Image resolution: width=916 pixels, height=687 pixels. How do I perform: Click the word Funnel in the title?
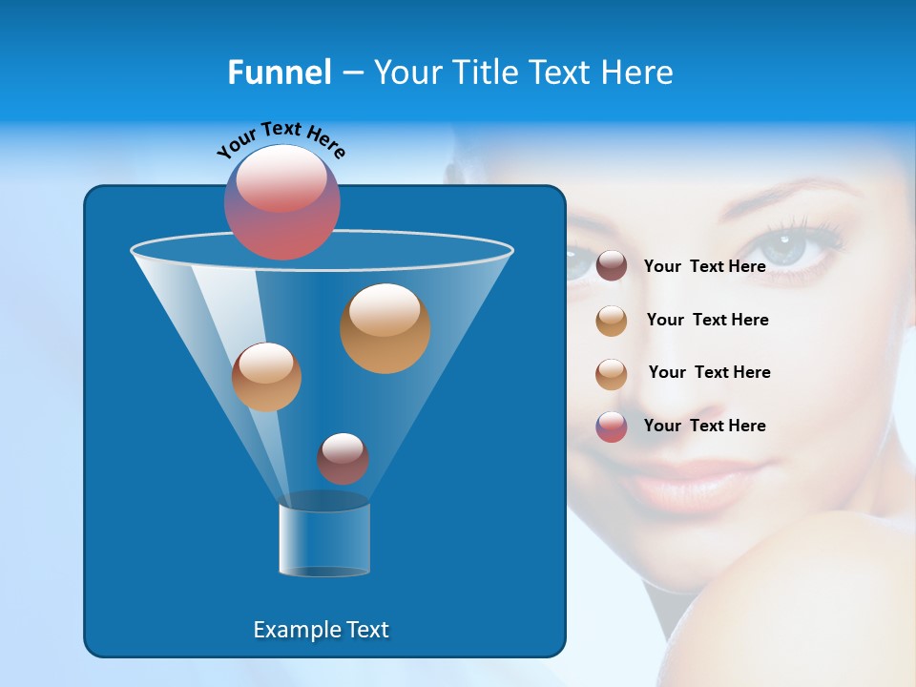point(279,73)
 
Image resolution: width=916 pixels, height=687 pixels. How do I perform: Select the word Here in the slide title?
point(637,73)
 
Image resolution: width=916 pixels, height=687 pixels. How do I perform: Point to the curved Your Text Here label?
point(281,139)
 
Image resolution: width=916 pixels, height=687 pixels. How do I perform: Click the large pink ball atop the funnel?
point(282,202)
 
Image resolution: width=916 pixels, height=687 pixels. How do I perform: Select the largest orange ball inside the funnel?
point(385,328)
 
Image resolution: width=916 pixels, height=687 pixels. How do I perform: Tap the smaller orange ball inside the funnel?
point(267,377)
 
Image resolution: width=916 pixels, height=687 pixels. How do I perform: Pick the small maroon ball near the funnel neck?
point(343,459)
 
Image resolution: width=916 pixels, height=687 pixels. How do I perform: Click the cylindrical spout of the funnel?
point(324,539)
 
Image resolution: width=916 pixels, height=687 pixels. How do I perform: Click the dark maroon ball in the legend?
point(612,266)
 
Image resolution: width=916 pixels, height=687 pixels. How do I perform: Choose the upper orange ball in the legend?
point(612,321)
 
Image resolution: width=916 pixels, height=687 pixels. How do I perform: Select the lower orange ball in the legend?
point(612,374)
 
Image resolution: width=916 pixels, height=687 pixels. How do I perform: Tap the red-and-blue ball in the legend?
point(612,427)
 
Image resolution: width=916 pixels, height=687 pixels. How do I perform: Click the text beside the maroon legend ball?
point(704,266)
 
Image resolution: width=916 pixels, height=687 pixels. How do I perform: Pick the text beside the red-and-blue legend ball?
point(704,426)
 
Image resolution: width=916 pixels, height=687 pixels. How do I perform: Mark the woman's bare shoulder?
point(811,592)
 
